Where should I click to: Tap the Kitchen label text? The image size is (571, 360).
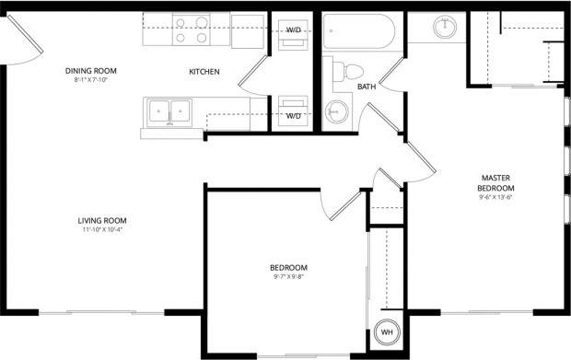pyautogui.click(x=204, y=72)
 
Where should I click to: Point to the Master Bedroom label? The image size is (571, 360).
pyautogui.click(x=495, y=182)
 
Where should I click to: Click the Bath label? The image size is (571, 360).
pyautogui.click(x=367, y=87)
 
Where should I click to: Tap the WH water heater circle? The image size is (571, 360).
pyautogui.click(x=388, y=332)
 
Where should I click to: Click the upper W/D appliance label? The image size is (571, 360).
pyautogui.click(x=294, y=30)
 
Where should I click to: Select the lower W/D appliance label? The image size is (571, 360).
pyautogui.click(x=294, y=116)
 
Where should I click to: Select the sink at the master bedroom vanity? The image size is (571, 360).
pyautogui.click(x=446, y=26)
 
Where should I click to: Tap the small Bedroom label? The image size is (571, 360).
pyautogui.click(x=289, y=267)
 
